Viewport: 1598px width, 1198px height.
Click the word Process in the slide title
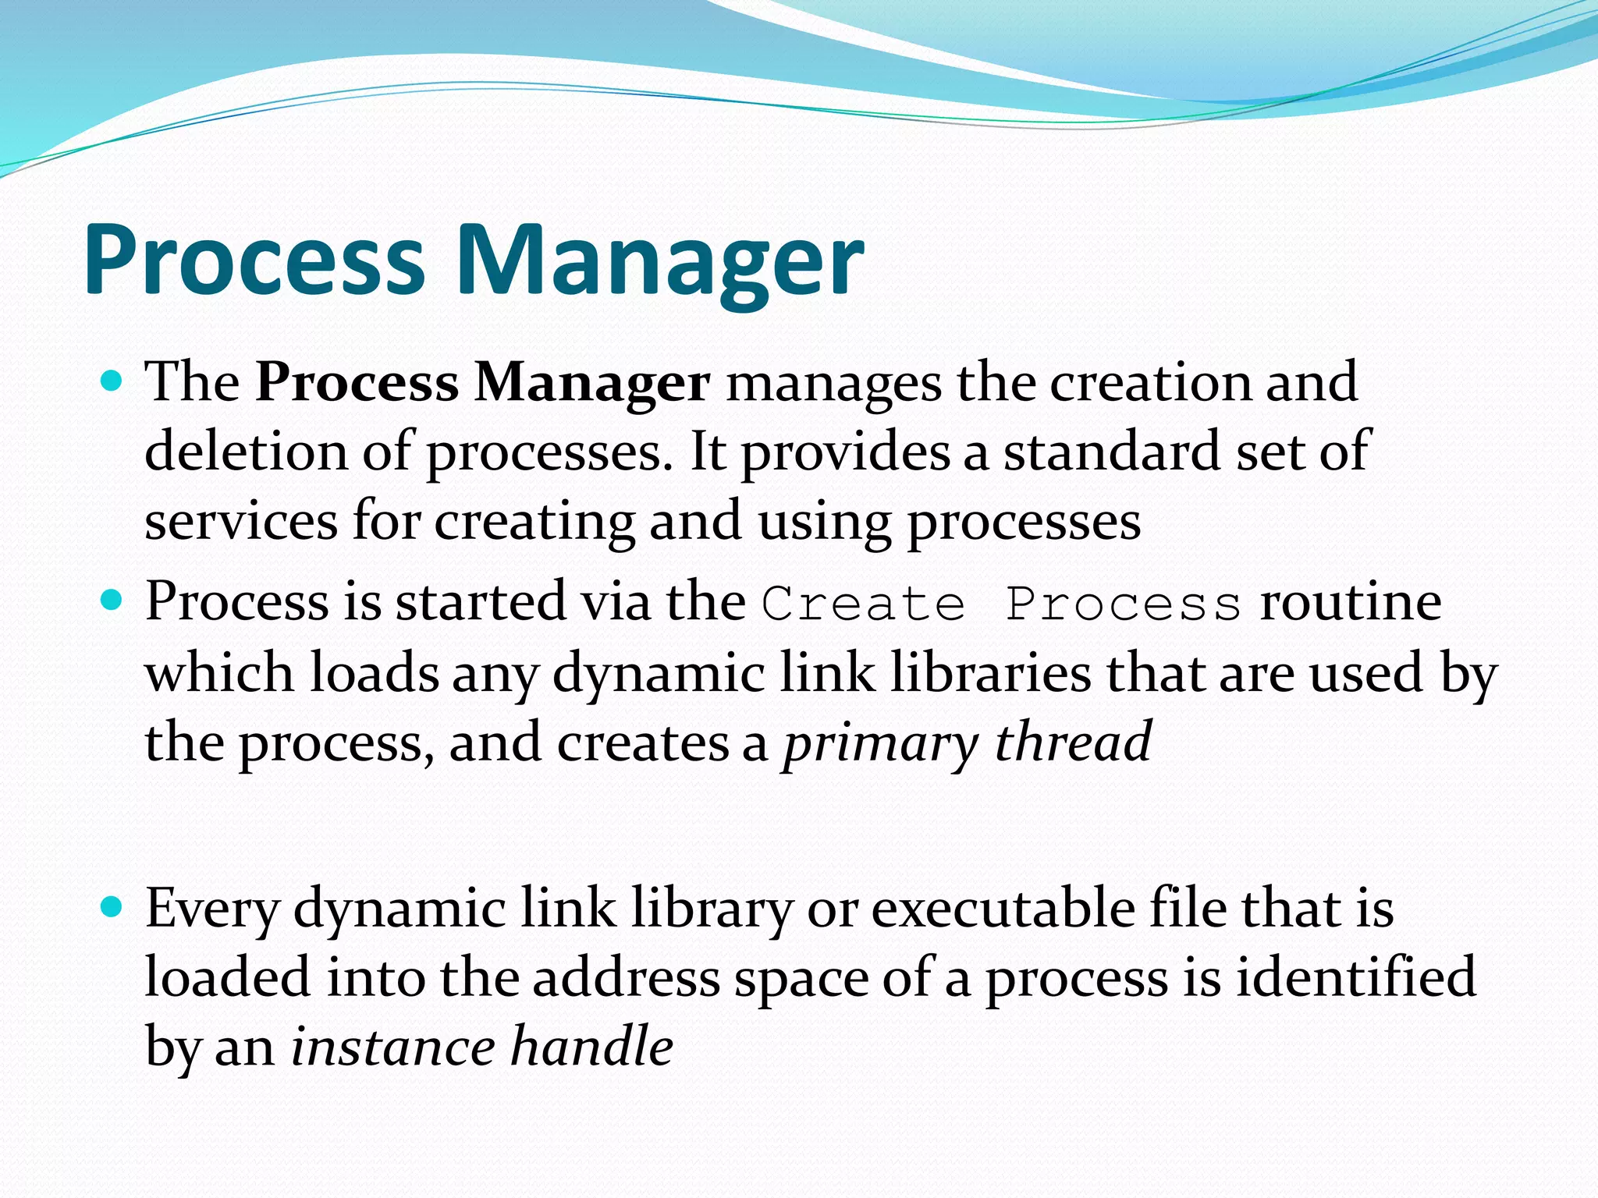[254, 261]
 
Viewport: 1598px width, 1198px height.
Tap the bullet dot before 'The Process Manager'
[113, 381]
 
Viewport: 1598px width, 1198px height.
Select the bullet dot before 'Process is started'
[113, 601]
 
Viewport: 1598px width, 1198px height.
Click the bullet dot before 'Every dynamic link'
[113, 907]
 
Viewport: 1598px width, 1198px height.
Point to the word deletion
[246, 452]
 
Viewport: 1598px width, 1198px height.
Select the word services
[241, 523]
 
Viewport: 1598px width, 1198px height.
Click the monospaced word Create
[864, 604]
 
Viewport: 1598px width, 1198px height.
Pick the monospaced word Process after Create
[1123, 604]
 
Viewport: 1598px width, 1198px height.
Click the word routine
[1350, 603]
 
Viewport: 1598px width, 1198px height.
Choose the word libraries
[991, 673]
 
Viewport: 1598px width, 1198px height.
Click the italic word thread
[1074, 742]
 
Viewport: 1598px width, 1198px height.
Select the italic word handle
[592, 1047]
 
